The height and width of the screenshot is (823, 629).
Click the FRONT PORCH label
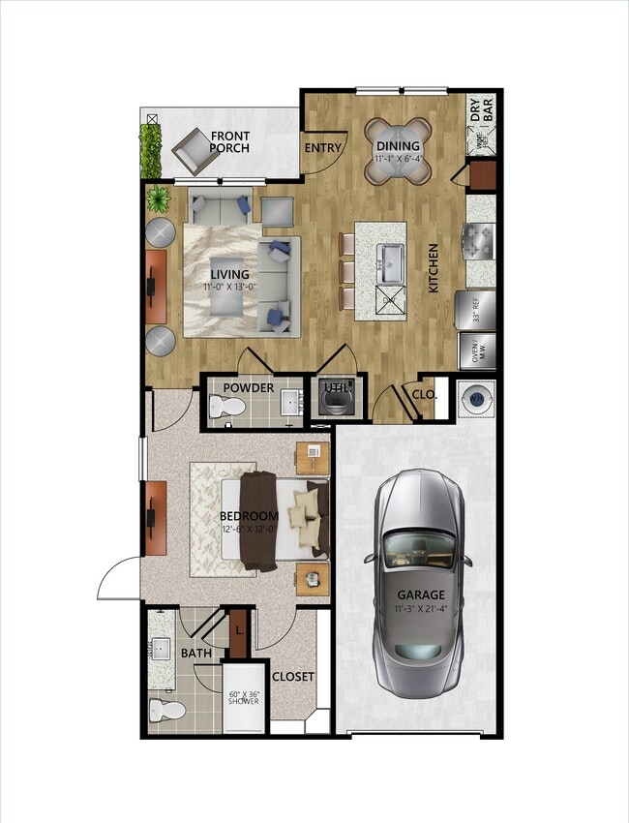[229, 141]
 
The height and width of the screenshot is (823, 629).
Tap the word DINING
[397, 146]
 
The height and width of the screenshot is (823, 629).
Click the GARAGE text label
[420, 594]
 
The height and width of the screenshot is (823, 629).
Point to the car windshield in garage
[420, 554]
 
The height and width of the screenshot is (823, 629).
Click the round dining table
[398, 151]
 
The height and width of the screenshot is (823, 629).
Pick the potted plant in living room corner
[157, 199]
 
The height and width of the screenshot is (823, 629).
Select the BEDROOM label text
[249, 516]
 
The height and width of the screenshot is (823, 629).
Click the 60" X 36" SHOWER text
[243, 698]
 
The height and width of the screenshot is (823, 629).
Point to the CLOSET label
[292, 676]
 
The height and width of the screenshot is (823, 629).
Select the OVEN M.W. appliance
[477, 351]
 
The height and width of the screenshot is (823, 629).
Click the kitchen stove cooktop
[479, 239]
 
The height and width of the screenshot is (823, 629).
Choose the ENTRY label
[322, 148]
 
